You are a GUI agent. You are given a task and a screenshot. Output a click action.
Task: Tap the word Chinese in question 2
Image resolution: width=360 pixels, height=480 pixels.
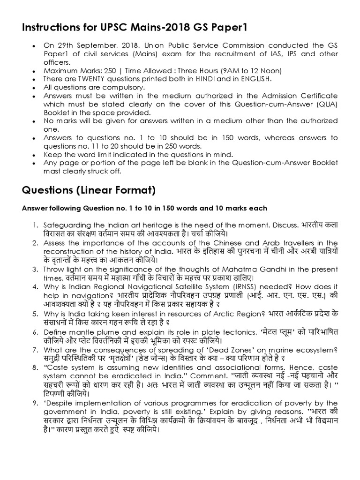click(x=225, y=242)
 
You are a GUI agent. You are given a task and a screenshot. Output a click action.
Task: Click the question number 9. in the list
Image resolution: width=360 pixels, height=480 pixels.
click(x=36, y=403)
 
